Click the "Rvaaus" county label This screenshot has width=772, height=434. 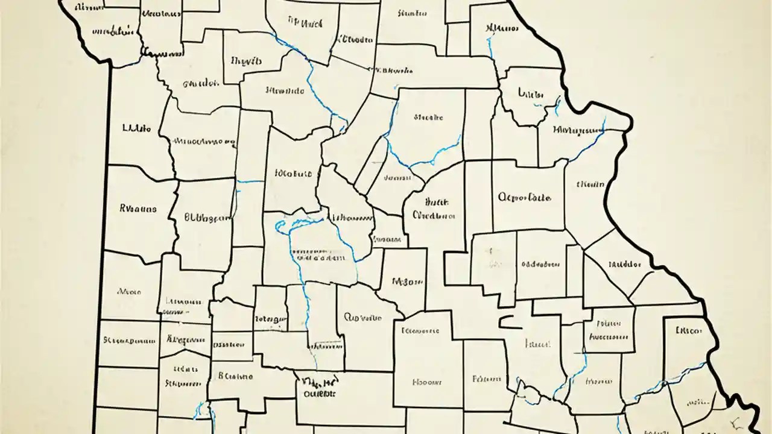pyautogui.click(x=138, y=209)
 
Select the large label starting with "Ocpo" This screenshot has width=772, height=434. pyautogui.click(x=524, y=197)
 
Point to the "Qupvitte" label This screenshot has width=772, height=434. pyautogui.click(x=362, y=317)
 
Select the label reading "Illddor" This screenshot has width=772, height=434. pyautogui.click(x=625, y=264)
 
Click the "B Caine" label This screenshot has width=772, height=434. pyautogui.click(x=235, y=376)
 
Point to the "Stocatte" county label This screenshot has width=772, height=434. pyautogui.click(x=428, y=118)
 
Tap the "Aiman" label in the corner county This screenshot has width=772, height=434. pyautogui.click(x=89, y=7)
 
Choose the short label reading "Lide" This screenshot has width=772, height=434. pyautogui.click(x=531, y=93)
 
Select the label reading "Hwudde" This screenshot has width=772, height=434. pyautogui.click(x=285, y=92)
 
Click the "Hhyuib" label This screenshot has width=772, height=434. pyautogui.click(x=246, y=61)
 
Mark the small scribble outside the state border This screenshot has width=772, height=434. pyautogui.click(x=736, y=422)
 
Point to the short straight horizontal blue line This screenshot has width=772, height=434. pyautogui.click(x=250, y=181)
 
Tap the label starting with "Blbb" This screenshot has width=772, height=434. pyautogui.click(x=207, y=216)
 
